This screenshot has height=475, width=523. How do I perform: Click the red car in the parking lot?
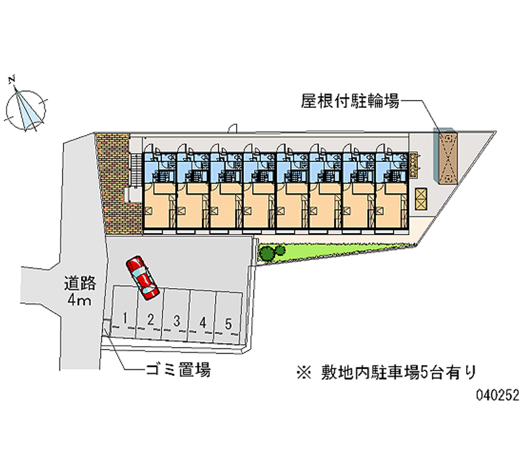pyautogui.click(x=143, y=277)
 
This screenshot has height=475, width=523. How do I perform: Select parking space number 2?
pyautogui.click(x=150, y=319)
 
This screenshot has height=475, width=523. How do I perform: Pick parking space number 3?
pyautogui.click(x=177, y=320)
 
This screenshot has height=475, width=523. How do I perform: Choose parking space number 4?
pyautogui.click(x=203, y=321)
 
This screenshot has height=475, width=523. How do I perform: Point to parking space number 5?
pyautogui.click(x=228, y=323)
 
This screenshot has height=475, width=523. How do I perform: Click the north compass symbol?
pyautogui.click(x=26, y=108)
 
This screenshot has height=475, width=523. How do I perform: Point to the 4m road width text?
pyautogui.click(x=80, y=301)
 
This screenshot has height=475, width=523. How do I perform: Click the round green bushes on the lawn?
pyautogui.click(x=271, y=252)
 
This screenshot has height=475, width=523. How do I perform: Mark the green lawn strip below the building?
pyautogui.click(x=340, y=251)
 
